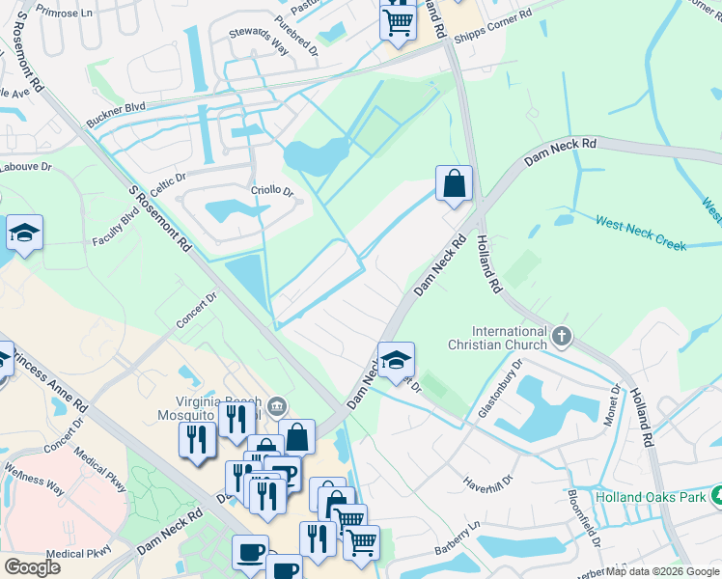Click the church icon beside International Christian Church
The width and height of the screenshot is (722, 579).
point(562,337)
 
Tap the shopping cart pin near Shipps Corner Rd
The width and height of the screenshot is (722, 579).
point(397,20)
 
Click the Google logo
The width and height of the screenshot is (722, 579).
point(32,567)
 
